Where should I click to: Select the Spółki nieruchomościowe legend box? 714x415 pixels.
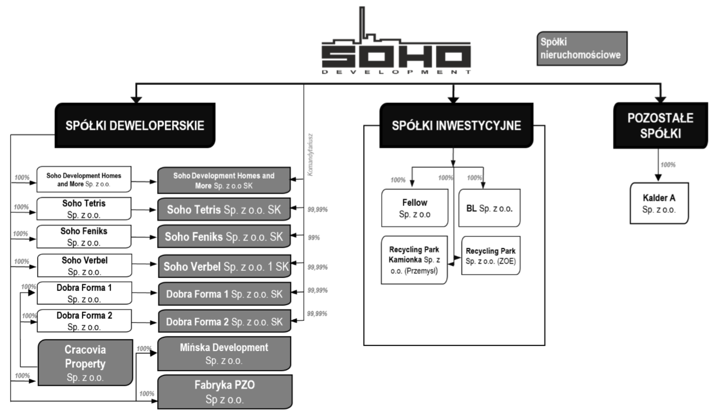(x=582, y=48)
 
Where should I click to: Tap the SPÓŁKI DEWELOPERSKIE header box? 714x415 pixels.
(x=135, y=125)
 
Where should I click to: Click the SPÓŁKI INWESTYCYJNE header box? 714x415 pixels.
(x=456, y=125)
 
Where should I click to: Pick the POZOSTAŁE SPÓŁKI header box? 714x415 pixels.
(x=660, y=126)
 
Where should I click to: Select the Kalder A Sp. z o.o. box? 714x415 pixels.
(x=659, y=203)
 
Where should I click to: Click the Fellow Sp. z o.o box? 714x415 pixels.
(x=415, y=208)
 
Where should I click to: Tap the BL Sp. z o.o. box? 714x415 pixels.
(x=489, y=208)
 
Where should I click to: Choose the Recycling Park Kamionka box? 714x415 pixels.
(x=414, y=260)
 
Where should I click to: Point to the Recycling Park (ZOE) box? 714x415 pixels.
(x=491, y=255)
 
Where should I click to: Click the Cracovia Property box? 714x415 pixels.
(x=85, y=363)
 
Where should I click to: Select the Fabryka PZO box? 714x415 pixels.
(x=225, y=392)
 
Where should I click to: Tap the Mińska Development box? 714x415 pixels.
(x=224, y=354)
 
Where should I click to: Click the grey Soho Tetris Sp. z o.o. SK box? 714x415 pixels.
(x=224, y=209)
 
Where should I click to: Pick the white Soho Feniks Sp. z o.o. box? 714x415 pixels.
(x=84, y=237)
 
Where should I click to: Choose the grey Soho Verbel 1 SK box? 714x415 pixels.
(x=225, y=266)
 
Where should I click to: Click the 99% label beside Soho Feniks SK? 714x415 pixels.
(x=314, y=237)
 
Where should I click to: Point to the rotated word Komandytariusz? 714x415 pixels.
(x=310, y=155)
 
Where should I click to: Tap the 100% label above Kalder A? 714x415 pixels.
(x=668, y=165)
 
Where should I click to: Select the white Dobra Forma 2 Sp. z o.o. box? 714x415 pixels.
(x=84, y=321)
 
